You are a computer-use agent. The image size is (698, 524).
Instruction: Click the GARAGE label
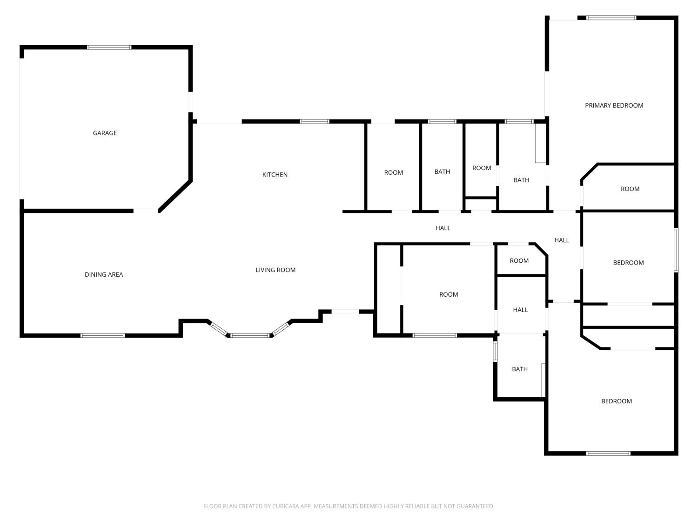[x=105, y=133]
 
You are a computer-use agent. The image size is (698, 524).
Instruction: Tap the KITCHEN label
[x=275, y=175]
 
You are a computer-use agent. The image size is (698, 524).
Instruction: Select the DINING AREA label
[x=104, y=275]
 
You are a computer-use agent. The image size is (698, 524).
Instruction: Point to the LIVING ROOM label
[x=275, y=270]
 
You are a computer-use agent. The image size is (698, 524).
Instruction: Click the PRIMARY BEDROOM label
[x=614, y=106]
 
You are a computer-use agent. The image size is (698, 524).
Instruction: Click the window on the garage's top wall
[x=109, y=47]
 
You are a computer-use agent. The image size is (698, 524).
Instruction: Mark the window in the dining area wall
[x=103, y=335]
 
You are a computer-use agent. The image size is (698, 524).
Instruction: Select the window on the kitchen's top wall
[x=315, y=122]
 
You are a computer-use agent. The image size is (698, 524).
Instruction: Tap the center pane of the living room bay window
[x=250, y=335]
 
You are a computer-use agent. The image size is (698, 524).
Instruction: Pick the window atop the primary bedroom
[x=611, y=18]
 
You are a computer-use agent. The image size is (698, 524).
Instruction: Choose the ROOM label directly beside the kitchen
[x=393, y=173]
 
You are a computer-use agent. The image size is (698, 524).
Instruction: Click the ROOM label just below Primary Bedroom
[x=630, y=189]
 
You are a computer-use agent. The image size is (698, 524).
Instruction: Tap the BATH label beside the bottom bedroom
[x=520, y=369]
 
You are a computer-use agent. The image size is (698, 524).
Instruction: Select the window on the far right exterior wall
[x=676, y=250]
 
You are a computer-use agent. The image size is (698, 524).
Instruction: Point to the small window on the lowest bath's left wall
[x=495, y=351]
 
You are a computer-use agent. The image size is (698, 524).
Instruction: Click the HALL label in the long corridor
[x=443, y=228]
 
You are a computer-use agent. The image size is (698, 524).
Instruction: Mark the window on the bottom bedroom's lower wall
[x=609, y=453]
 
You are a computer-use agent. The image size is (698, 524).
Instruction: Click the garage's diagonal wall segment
[x=175, y=196]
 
